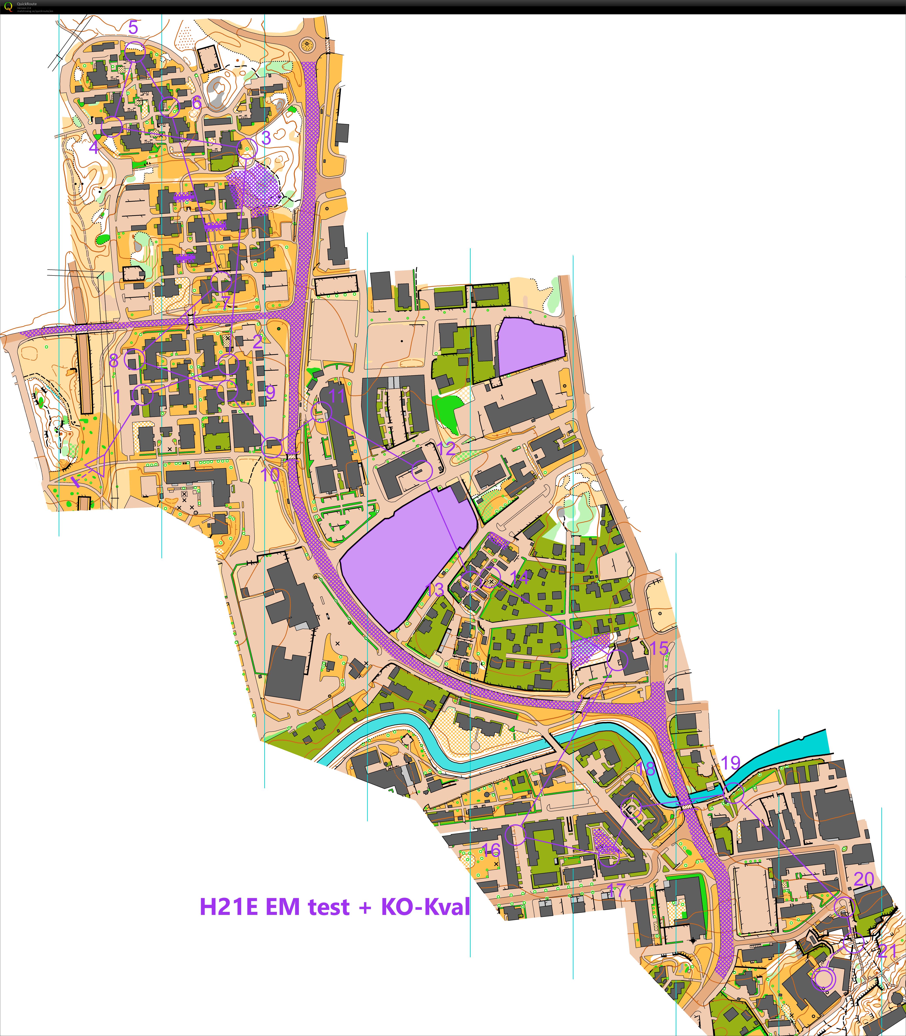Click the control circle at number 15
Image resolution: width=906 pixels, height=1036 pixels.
617,660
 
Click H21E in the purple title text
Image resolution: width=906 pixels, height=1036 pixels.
227,906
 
